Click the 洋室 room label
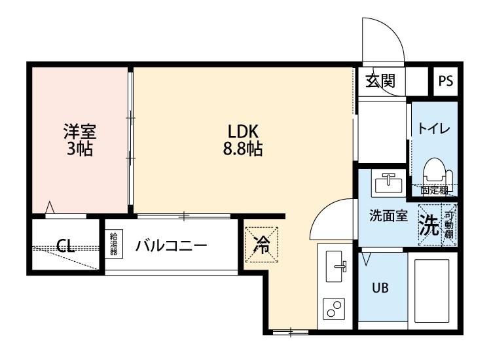[79, 131]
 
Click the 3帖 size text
[79, 149]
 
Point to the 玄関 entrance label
[380, 81]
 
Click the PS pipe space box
[446, 82]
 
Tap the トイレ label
[433, 129]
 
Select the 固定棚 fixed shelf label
[434, 191]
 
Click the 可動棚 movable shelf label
[449, 225]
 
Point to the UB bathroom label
[380, 288]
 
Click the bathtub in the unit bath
[433, 289]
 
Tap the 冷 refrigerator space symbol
[262, 244]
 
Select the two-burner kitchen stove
[335, 309]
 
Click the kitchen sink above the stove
[335, 266]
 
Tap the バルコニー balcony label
[172, 246]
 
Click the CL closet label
[65, 246]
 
